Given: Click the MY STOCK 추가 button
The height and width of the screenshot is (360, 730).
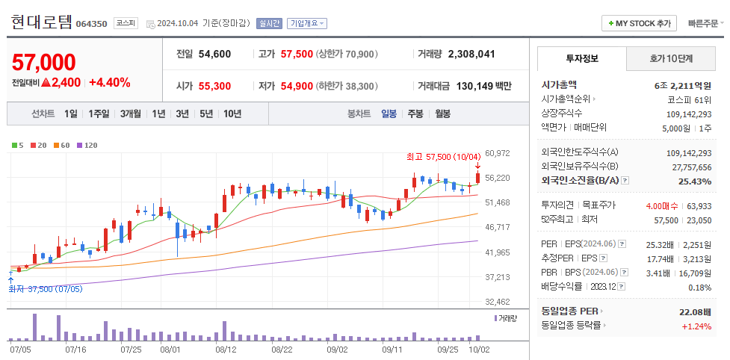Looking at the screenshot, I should (x=639, y=23).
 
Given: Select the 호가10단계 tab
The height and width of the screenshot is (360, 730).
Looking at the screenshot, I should (x=671, y=58).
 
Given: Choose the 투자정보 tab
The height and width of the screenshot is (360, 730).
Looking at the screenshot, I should (x=581, y=58).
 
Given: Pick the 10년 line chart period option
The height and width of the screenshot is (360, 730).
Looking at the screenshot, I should (x=232, y=114).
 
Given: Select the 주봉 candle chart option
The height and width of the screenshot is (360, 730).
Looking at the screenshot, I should (x=415, y=114).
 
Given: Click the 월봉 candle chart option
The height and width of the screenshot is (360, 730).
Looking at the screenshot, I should (x=442, y=114).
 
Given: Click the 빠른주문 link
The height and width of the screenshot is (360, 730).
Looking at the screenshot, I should (x=705, y=23).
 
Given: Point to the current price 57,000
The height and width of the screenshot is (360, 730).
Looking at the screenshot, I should (x=44, y=62).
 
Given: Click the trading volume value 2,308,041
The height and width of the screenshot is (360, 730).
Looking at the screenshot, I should (x=471, y=54).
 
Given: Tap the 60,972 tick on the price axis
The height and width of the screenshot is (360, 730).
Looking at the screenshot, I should (x=497, y=153).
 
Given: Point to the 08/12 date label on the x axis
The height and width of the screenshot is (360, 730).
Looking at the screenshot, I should (x=226, y=349).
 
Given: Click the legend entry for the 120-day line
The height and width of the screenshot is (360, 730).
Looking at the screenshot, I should (x=88, y=145).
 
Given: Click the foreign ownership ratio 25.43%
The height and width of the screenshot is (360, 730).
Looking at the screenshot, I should (x=695, y=181).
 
